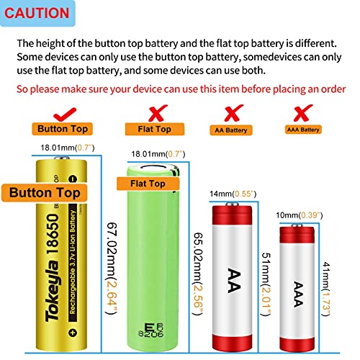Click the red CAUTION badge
coord(40,13)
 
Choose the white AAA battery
coord(297,284)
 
